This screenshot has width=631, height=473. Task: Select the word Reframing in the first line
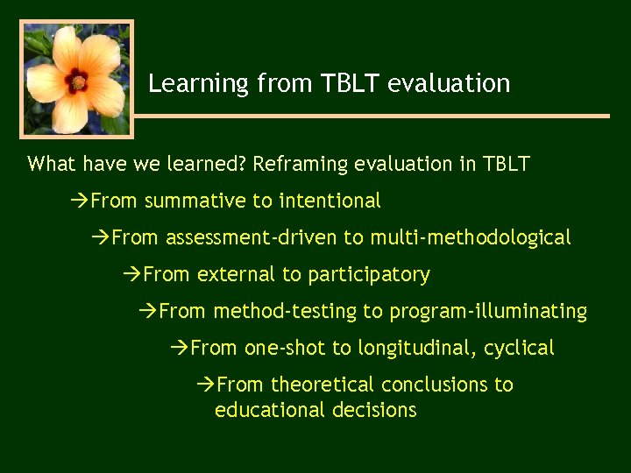coord(298,165)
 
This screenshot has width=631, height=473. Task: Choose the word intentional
coord(330,201)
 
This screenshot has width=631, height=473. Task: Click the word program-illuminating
coord(488,312)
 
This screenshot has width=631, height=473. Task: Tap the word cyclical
coord(519,349)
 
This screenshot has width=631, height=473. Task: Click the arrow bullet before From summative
coord(79,201)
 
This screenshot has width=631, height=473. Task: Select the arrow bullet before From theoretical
coord(205,385)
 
